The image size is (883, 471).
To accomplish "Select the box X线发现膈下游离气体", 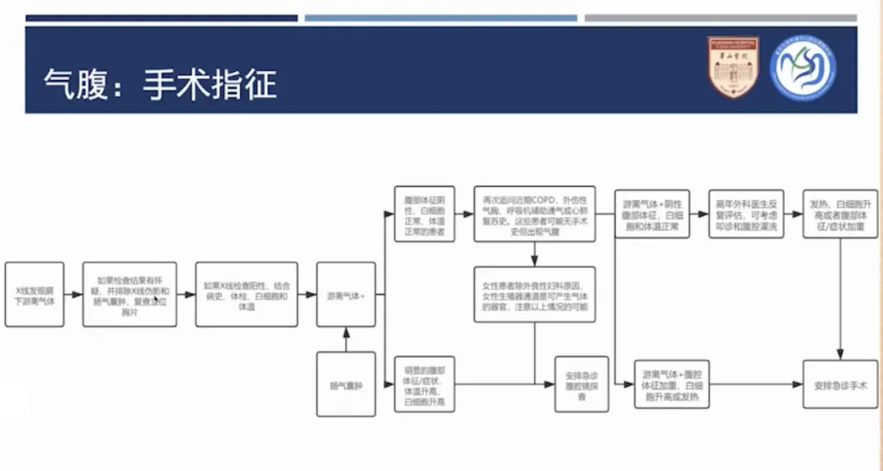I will click(34, 294).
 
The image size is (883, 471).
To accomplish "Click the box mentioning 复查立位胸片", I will click(129, 294).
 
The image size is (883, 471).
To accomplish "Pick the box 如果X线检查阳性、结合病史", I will click(246, 294).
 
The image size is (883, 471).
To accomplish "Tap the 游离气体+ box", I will click(346, 294).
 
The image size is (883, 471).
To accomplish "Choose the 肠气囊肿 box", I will click(346, 384).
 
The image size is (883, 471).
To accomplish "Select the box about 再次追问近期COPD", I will click(535, 213).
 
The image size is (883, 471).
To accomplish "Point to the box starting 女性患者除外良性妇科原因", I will click(535, 294).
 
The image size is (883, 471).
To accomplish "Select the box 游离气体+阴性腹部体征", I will click(651, 214).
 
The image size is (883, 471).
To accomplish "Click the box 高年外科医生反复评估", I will click(745, 214).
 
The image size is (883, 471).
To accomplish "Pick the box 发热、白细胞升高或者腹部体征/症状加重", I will click(840, 214).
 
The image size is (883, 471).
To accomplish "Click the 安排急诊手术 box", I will click(840, 384).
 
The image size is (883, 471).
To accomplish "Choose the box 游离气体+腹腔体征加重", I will click(671, 384).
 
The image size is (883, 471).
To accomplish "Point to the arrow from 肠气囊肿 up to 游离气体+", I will click(346, 339).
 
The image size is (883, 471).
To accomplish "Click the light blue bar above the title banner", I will click(441, 17).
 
